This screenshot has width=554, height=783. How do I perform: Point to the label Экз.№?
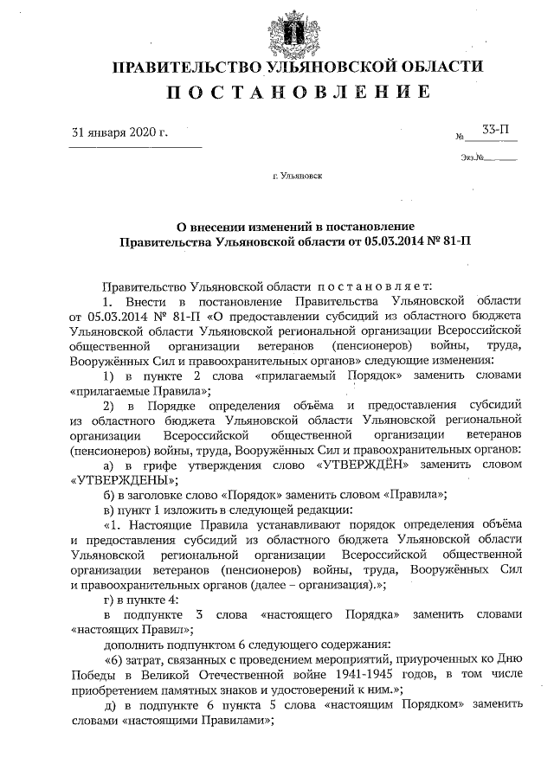473,157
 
